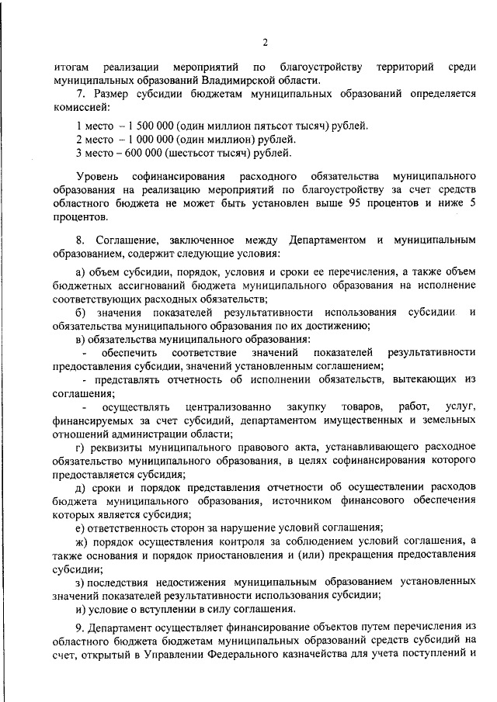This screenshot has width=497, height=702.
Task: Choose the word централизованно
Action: pyautogui.click(x=228, y=406)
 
